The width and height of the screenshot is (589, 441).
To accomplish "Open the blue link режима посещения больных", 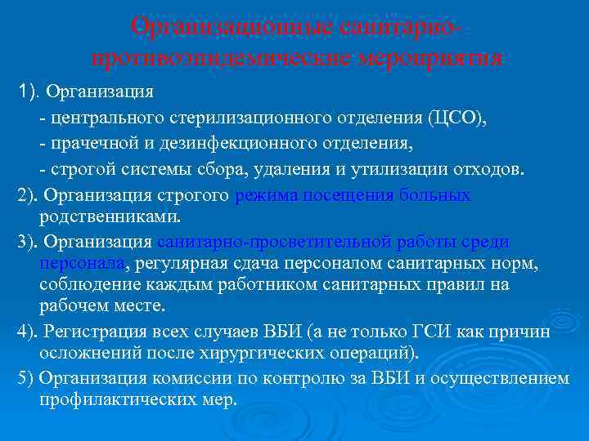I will click(x=353, y=195).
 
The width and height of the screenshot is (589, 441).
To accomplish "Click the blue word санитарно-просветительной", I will click(x=270, y=242).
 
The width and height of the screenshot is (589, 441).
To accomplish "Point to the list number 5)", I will click(x=25, y=378).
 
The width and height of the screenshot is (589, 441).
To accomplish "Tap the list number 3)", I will click(x=27, y=242).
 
